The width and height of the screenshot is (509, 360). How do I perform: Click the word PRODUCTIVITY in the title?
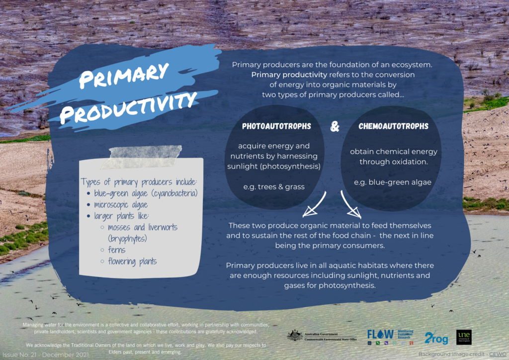(x=127, y=106)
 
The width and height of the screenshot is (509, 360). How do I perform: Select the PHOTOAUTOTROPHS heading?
(x=276, y=126)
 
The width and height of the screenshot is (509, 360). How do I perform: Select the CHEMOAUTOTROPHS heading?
(x=393, y=126)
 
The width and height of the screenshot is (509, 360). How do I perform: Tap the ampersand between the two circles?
(x=335, y=127)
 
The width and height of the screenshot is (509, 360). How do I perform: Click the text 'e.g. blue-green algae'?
(x=393, y=182)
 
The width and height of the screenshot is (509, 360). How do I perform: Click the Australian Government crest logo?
(x=295, y=335)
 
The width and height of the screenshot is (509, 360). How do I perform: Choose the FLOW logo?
(x=380, y=334)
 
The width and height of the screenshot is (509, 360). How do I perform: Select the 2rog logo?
(x=437, y=337)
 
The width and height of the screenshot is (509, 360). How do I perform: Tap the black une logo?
(x=464, y=337)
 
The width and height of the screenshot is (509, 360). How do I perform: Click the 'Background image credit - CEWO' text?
(x=463, y=355)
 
